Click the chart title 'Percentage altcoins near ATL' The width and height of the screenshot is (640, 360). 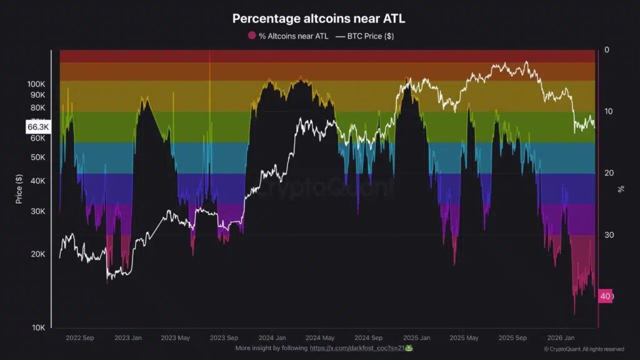(319, 19)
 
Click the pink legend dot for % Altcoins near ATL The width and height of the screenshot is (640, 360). (252, 36)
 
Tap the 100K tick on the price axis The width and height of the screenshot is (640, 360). (36, 84)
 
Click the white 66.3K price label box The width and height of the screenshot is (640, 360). (38, 127)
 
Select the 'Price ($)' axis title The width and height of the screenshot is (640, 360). (19, 188)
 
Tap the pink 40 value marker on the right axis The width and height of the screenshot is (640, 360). (605, 296)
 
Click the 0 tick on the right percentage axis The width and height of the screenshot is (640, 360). (606, 50)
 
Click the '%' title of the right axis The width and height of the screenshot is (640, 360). (621, 188)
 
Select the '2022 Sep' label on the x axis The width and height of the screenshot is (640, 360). (79, 337)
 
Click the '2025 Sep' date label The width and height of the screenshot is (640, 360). (512, 337)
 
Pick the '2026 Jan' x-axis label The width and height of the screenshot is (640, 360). (560, 337)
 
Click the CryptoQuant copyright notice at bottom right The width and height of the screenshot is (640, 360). (583, 349)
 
